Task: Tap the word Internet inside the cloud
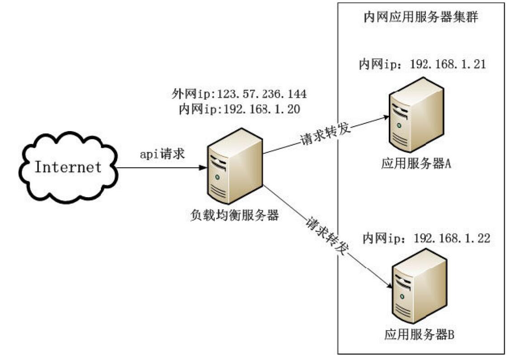pyautogui.click(x=68, y=167)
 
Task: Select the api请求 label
pyautogui.click(x=161, y=154)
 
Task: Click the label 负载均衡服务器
pyautogui.click(x=233, y=215)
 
